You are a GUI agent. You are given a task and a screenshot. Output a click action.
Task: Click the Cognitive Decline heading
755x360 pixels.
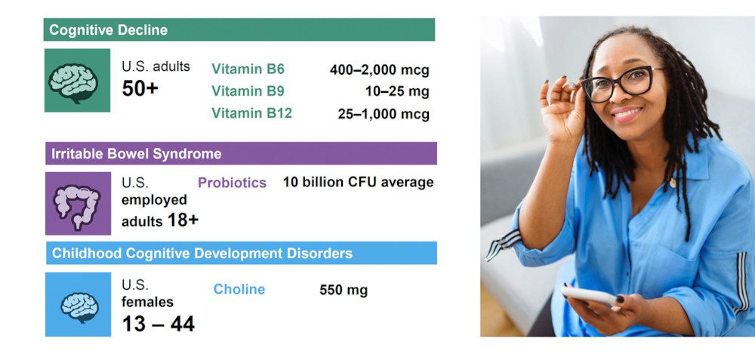108,30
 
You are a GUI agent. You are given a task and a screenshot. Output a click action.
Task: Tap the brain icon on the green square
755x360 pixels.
74,83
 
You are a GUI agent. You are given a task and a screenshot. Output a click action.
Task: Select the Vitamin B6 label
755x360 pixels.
248,69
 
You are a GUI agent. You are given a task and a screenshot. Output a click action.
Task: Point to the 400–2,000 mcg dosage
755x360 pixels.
380,70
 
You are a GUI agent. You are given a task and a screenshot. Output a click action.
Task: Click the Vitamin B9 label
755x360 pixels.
248,91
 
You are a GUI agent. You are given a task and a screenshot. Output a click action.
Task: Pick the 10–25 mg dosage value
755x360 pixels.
397,91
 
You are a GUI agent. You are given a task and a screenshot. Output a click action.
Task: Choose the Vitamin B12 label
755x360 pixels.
252,113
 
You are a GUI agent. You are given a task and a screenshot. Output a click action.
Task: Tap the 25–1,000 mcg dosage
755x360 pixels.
384,114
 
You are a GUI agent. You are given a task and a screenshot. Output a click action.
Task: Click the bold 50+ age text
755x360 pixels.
140,88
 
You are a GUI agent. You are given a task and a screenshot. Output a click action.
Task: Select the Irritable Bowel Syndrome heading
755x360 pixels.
136,153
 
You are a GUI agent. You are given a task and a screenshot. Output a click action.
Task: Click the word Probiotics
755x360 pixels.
232,183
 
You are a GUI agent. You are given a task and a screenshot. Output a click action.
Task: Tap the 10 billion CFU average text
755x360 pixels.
358,183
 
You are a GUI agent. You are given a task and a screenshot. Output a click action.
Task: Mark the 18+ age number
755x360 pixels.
183,220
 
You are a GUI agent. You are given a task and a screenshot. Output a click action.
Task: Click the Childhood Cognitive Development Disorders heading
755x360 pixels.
202,253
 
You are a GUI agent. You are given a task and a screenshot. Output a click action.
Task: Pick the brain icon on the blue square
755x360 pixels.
79,307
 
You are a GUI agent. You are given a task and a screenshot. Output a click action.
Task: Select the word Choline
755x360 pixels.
239,289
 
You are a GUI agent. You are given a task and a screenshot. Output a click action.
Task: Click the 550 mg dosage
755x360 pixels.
344,291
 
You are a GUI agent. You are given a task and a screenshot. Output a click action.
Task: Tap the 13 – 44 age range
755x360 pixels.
159,324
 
